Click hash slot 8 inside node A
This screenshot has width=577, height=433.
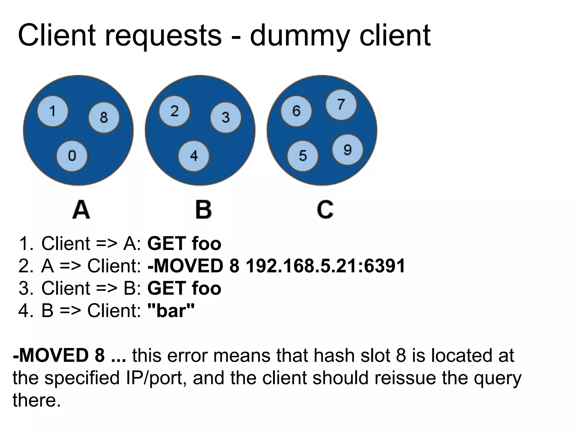[x=104, y=118]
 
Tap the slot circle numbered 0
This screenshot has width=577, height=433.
[x=72, y=156]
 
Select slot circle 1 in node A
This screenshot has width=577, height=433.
[x=52, y=111]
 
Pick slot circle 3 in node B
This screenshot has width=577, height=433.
[x=226, y=118]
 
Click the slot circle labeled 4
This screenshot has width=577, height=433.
[x=194, y=156]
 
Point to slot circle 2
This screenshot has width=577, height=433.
[x=174, y=111]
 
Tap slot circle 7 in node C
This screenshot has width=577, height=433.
[x=341, y=105]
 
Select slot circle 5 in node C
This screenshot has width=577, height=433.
[x=303, y=156]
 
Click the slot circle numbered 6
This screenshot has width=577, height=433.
[x=296, y=111]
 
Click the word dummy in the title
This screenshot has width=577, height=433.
[x=301, y=36]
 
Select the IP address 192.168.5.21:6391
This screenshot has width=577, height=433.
[x=325, y=266]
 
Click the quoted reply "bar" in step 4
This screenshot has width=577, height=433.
[x=171, y=310]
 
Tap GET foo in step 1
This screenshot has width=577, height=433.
[x=184, y=243]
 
